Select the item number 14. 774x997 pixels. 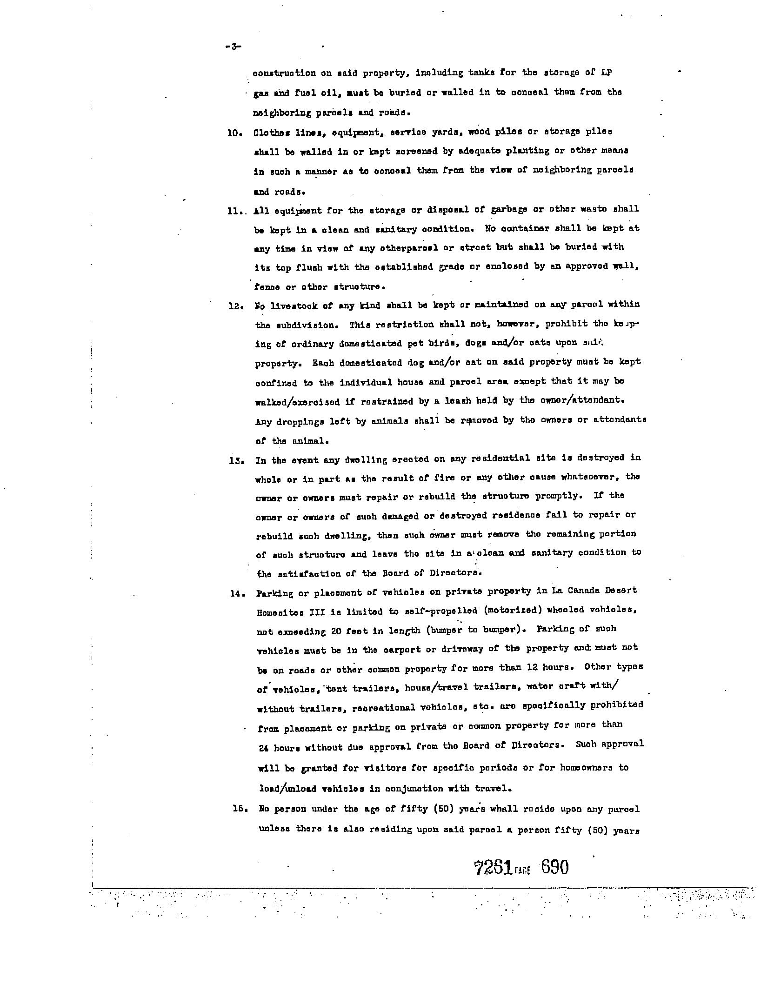tap(236, 593)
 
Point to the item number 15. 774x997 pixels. tap(239, 809)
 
